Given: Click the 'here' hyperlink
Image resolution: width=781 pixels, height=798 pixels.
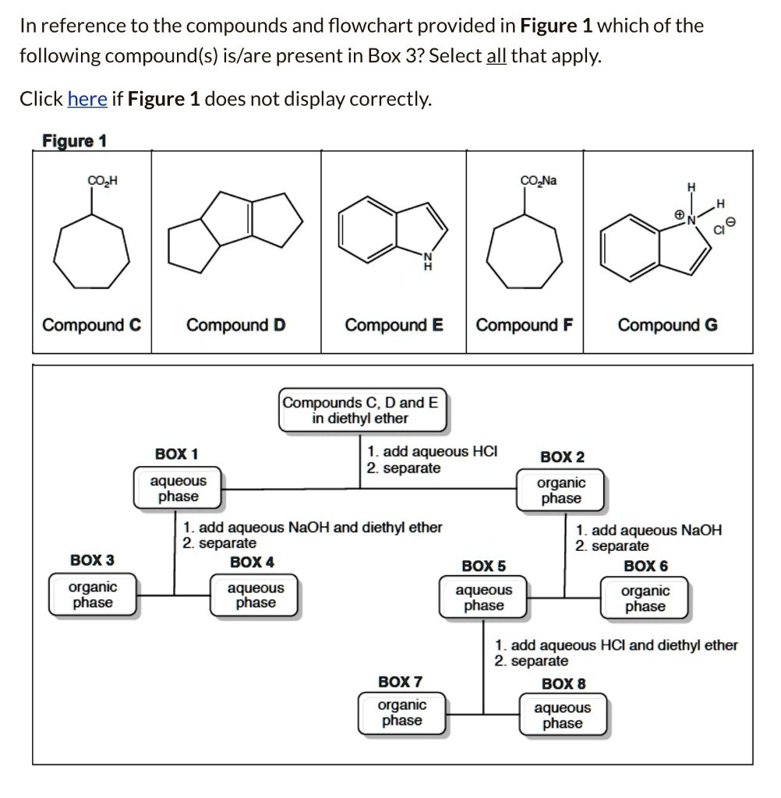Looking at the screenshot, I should pos(87,99).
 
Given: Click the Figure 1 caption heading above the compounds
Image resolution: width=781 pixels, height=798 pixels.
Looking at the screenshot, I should pos(74,141).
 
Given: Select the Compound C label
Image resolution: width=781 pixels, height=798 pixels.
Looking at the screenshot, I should pos(91,324).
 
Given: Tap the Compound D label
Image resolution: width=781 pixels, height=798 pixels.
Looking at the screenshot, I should pos(235,324).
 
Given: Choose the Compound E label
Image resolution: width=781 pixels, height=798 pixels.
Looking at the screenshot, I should pos(394,324).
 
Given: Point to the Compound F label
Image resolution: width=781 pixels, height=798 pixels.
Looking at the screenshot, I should pos(524,324).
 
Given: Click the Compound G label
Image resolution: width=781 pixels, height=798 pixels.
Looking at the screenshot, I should pos(668,324).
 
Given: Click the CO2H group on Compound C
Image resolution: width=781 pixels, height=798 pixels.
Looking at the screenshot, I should pos(102,182).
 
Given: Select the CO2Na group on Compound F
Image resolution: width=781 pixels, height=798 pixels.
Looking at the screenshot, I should pos(538,181).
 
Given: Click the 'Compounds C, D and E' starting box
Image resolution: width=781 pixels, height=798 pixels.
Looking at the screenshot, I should pos(363,410).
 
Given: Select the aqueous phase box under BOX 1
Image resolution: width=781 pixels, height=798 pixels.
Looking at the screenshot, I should pos(178,489).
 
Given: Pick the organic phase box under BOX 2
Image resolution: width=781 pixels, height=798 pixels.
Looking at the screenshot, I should pos(561,490).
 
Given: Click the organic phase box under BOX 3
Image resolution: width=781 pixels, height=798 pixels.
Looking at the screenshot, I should pos(92,595).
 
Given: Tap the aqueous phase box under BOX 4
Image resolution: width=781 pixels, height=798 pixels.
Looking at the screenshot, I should pos(256,595).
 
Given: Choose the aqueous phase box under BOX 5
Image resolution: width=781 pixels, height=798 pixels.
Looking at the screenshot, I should pos(483,598).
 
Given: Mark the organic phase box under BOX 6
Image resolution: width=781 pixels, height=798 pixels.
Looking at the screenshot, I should pos(645,598).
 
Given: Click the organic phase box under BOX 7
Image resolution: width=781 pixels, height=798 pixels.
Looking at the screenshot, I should pos(401,712).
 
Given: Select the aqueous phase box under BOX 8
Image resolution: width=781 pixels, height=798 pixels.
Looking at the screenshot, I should pos(562,715).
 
